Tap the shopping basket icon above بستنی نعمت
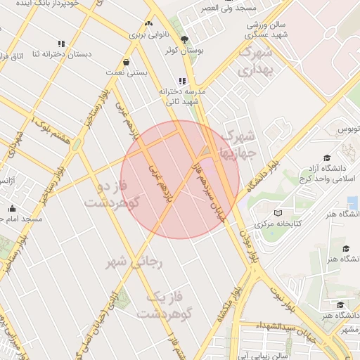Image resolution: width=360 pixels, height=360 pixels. (x=126, y=62)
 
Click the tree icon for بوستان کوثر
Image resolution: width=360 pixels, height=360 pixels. (x=185, y=39)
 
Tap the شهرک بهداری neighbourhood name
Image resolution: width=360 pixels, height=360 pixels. (x=255, y=61)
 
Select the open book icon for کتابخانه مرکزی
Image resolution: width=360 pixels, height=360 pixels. (x=278, y=213)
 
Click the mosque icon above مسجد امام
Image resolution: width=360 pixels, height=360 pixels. (x=12, y=208)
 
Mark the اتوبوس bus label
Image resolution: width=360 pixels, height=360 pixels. (x=347, y=130)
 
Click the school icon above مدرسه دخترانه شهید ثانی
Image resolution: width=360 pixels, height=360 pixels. (x=183, y=82)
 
